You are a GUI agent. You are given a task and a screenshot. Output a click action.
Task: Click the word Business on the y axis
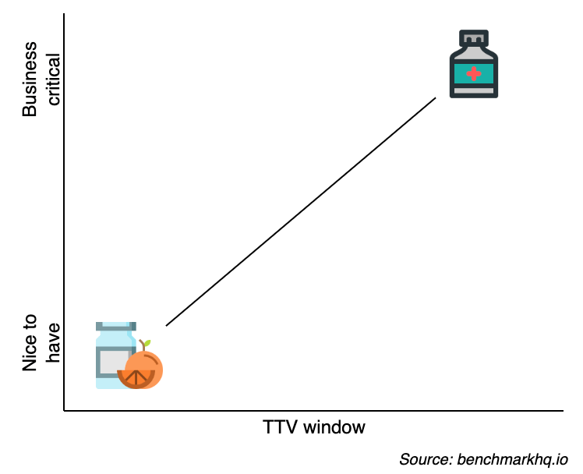[30, 80]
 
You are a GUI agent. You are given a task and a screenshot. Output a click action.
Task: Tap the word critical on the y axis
[53, 80]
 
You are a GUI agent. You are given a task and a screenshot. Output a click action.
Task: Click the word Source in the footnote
[421, 458]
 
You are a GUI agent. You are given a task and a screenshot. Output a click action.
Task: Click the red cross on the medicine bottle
[473, 74]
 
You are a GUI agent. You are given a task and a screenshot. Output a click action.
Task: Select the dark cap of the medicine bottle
[473, 39]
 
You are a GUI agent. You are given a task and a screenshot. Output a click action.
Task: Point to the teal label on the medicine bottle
[473, 74]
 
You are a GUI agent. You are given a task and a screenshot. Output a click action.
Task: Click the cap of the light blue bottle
[116, 326]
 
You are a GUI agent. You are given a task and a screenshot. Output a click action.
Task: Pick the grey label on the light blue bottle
[111, 362]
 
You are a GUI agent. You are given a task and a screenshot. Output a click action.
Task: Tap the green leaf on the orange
[145, 344]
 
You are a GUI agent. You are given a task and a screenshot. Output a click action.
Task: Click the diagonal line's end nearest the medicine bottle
[436, 98]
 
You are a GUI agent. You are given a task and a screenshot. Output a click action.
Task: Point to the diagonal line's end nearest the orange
[166, 325]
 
